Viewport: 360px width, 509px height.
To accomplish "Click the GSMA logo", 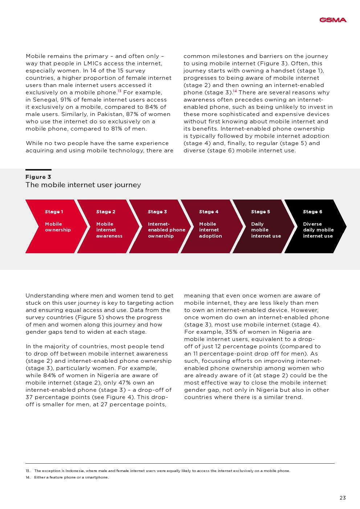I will (333, 20).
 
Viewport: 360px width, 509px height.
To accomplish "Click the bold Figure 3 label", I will (38, 177).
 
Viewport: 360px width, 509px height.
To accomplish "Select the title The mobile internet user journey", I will (83, 185).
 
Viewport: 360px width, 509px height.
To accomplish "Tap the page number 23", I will (343, 498).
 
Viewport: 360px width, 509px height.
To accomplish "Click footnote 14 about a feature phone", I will (71, 477).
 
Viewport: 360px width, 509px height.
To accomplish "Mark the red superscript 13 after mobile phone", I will (119, 91).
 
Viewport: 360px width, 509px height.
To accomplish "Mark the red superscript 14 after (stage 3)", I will (235, 91).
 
